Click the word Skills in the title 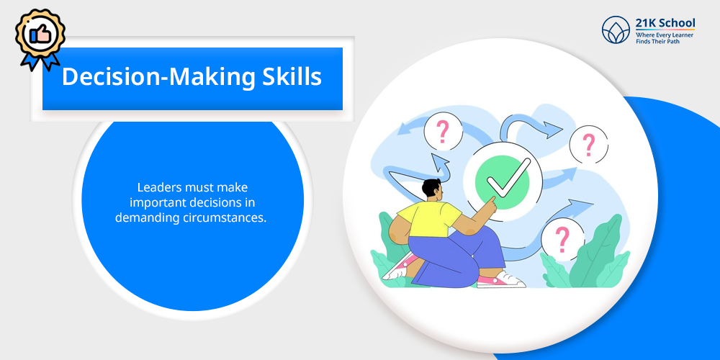pos(292,77)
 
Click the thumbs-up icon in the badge pos(40,34)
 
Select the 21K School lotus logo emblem pos(616,30)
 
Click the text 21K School pos(665,23)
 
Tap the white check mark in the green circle pos(508,176)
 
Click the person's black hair pos(431,187)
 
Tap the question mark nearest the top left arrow pos(442,132)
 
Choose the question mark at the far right pos(588,144)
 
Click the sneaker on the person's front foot pos(500,279)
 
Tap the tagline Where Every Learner pos(665,35)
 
